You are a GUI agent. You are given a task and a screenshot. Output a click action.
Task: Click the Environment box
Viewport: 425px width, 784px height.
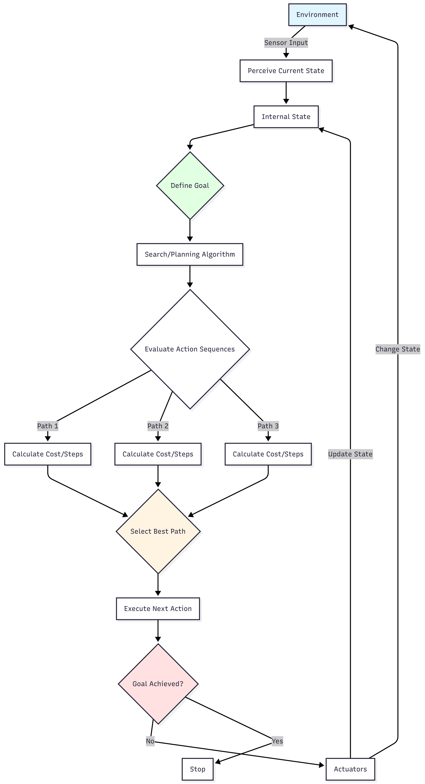point(317,15)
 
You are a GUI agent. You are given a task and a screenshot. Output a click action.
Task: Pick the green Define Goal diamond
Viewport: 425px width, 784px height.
point(190,185)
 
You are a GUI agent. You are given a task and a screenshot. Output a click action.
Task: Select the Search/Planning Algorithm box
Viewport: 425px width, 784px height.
point(190,254)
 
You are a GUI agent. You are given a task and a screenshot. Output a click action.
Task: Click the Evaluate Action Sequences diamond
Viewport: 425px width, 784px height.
point(190,349)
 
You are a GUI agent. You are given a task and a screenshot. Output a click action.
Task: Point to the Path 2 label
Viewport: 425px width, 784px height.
point(158,426)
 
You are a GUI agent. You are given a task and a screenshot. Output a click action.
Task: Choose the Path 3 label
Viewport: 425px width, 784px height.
point(268,426)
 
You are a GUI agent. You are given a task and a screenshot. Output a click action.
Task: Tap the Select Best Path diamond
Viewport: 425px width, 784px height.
point(158,531)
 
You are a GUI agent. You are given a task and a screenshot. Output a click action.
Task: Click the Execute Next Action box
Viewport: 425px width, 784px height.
point(158,608)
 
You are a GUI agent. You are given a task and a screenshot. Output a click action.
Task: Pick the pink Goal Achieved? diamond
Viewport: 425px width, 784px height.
point(158,683)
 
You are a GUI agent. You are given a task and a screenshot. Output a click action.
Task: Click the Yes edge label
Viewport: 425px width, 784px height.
point(277,741)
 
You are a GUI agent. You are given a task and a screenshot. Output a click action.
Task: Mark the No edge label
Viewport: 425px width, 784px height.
point(150,741)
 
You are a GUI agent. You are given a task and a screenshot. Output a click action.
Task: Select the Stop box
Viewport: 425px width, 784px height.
point(197,769)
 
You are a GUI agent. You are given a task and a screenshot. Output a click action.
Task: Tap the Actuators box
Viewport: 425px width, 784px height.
point(350,769)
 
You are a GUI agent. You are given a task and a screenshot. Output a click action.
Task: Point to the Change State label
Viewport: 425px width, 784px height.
point(397,349)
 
